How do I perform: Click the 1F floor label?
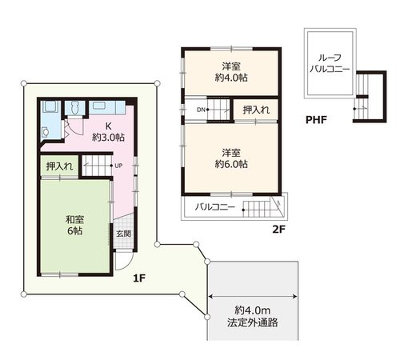139,278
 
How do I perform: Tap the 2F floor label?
278,230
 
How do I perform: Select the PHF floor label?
316,120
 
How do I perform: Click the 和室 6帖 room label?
74,225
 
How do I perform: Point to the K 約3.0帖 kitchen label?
108,132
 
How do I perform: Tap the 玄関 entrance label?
124,234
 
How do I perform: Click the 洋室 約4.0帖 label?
231,72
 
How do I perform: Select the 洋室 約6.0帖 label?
231,158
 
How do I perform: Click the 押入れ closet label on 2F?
256,110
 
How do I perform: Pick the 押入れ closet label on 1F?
59,166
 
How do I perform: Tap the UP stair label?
118,166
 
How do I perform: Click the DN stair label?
201,110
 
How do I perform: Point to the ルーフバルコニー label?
330,63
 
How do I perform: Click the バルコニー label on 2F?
215,207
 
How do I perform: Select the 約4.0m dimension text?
253,310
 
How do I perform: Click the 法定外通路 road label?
253,322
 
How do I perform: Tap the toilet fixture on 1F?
75,108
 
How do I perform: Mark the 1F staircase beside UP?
97,166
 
